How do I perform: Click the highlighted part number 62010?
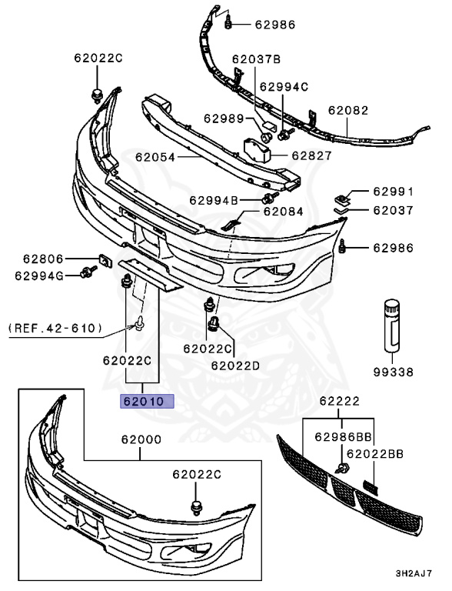145,401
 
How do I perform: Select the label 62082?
348,110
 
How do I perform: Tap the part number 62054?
155,157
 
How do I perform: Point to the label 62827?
311,155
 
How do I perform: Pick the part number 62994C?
283,86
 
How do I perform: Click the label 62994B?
213,200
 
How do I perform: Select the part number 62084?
283,210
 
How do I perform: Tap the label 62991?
394,191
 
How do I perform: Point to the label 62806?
43,259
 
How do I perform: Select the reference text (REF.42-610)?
55,329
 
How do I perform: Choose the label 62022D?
235,365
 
